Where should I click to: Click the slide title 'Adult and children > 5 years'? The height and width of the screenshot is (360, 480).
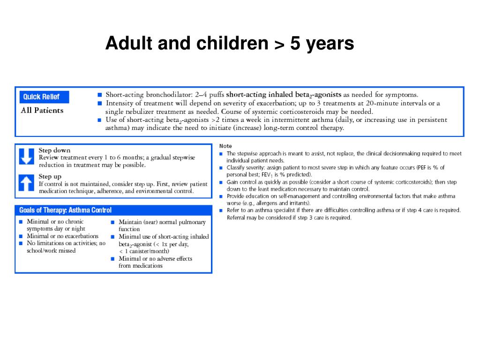point(230,44)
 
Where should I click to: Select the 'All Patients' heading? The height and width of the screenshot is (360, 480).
point(42,111)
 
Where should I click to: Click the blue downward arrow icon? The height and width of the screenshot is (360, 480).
point(27,157)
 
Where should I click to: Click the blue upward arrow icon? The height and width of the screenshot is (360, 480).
point(27,183)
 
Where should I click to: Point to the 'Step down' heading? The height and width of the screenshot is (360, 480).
point(54,150)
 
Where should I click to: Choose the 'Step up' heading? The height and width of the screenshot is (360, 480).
point(50,177)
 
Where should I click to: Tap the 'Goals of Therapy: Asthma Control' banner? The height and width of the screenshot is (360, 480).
point(66,210)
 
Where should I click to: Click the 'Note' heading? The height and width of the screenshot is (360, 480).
point(225,146)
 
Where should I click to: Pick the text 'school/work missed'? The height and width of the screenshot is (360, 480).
point(51,251)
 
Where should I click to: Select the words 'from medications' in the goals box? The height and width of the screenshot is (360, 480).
point(141,266)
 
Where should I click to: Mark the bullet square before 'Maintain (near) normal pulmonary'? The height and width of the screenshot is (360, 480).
point(113,222)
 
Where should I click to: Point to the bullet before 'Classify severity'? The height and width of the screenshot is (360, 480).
point(221,168)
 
